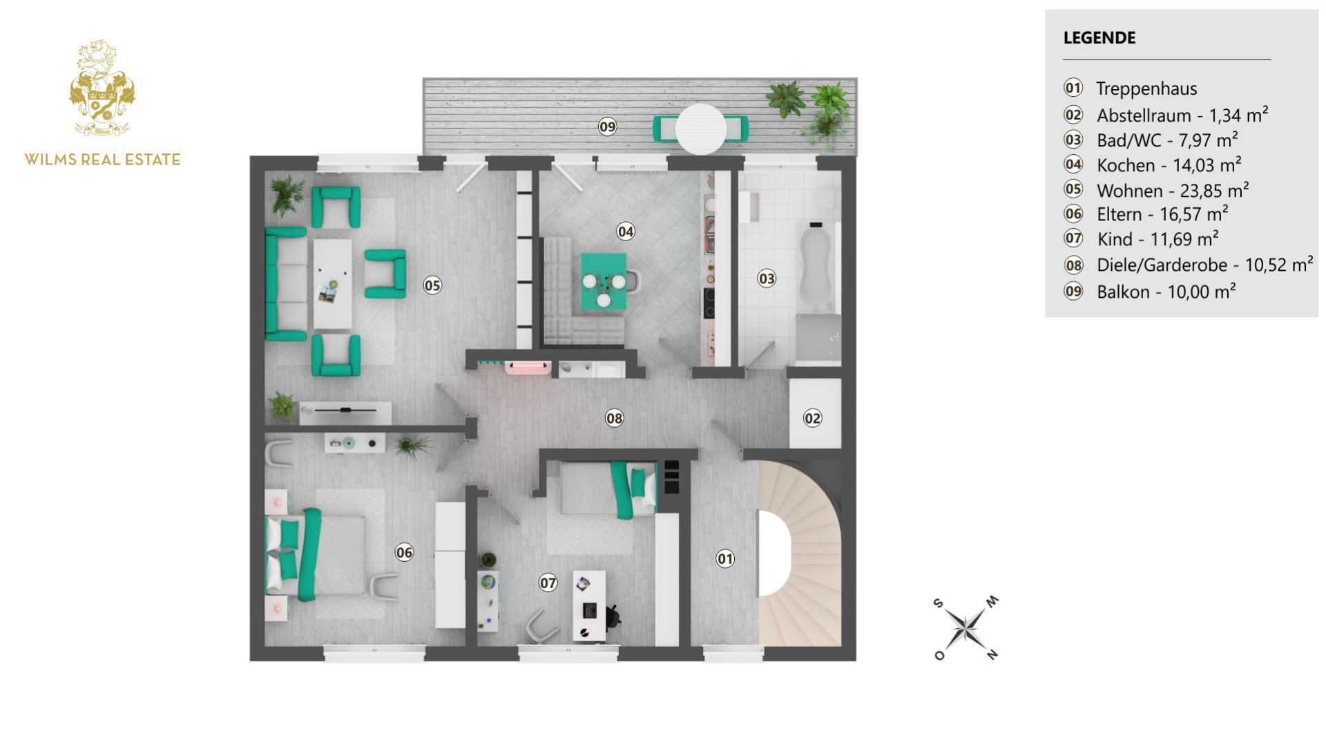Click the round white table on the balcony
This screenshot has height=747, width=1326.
[x=700, y=129]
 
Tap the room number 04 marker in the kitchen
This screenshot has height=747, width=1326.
[x=626, y=231]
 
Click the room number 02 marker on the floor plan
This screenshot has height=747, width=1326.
[x=813, y=418]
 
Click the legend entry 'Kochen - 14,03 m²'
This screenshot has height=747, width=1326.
[x=1169, y=166]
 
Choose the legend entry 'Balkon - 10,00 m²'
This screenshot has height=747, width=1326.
[x=1166, y=292]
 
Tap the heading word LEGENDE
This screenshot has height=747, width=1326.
[x=1099, y=38]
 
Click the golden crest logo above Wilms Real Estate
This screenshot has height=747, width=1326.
[x=102, y=88]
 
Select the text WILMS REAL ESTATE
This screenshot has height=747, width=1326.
[x=102, y=160]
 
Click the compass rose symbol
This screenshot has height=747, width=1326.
[x=965, y=628]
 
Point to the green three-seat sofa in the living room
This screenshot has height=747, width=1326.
[x=285, y=284]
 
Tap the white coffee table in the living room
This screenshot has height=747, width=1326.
[x=332, y=283]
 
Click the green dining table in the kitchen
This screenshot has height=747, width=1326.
[x=604, y=281]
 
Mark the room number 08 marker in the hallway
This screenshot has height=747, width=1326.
[x=614, y=418]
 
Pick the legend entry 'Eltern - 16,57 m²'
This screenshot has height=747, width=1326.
[x=1162, y=215]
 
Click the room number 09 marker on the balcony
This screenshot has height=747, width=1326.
[x=607, y=127]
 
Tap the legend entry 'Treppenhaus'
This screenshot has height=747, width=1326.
[x=1146, y=88]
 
